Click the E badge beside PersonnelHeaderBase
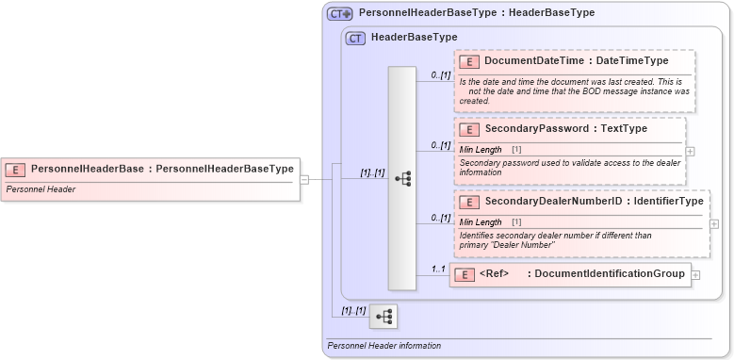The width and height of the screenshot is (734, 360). coord(15,170)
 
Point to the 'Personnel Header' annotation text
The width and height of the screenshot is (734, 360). coord(41,189)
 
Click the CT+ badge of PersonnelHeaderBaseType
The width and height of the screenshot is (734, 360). coord(339,14)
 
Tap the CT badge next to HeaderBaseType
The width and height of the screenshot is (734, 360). coord(355,39)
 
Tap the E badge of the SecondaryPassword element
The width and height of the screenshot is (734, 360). coord(468,128)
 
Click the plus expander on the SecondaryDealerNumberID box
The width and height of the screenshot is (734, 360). coord(714,224)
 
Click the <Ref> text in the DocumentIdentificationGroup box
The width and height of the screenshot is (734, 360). coord(494,274)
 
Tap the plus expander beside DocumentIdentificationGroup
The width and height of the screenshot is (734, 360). coord(695,275)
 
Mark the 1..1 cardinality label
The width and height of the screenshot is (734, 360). coord(437,270)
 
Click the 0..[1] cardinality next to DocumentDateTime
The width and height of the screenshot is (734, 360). coord(440,74)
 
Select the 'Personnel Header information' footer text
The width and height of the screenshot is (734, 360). coord(383,346)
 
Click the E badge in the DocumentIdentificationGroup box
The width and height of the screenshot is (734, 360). coord(464,275)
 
